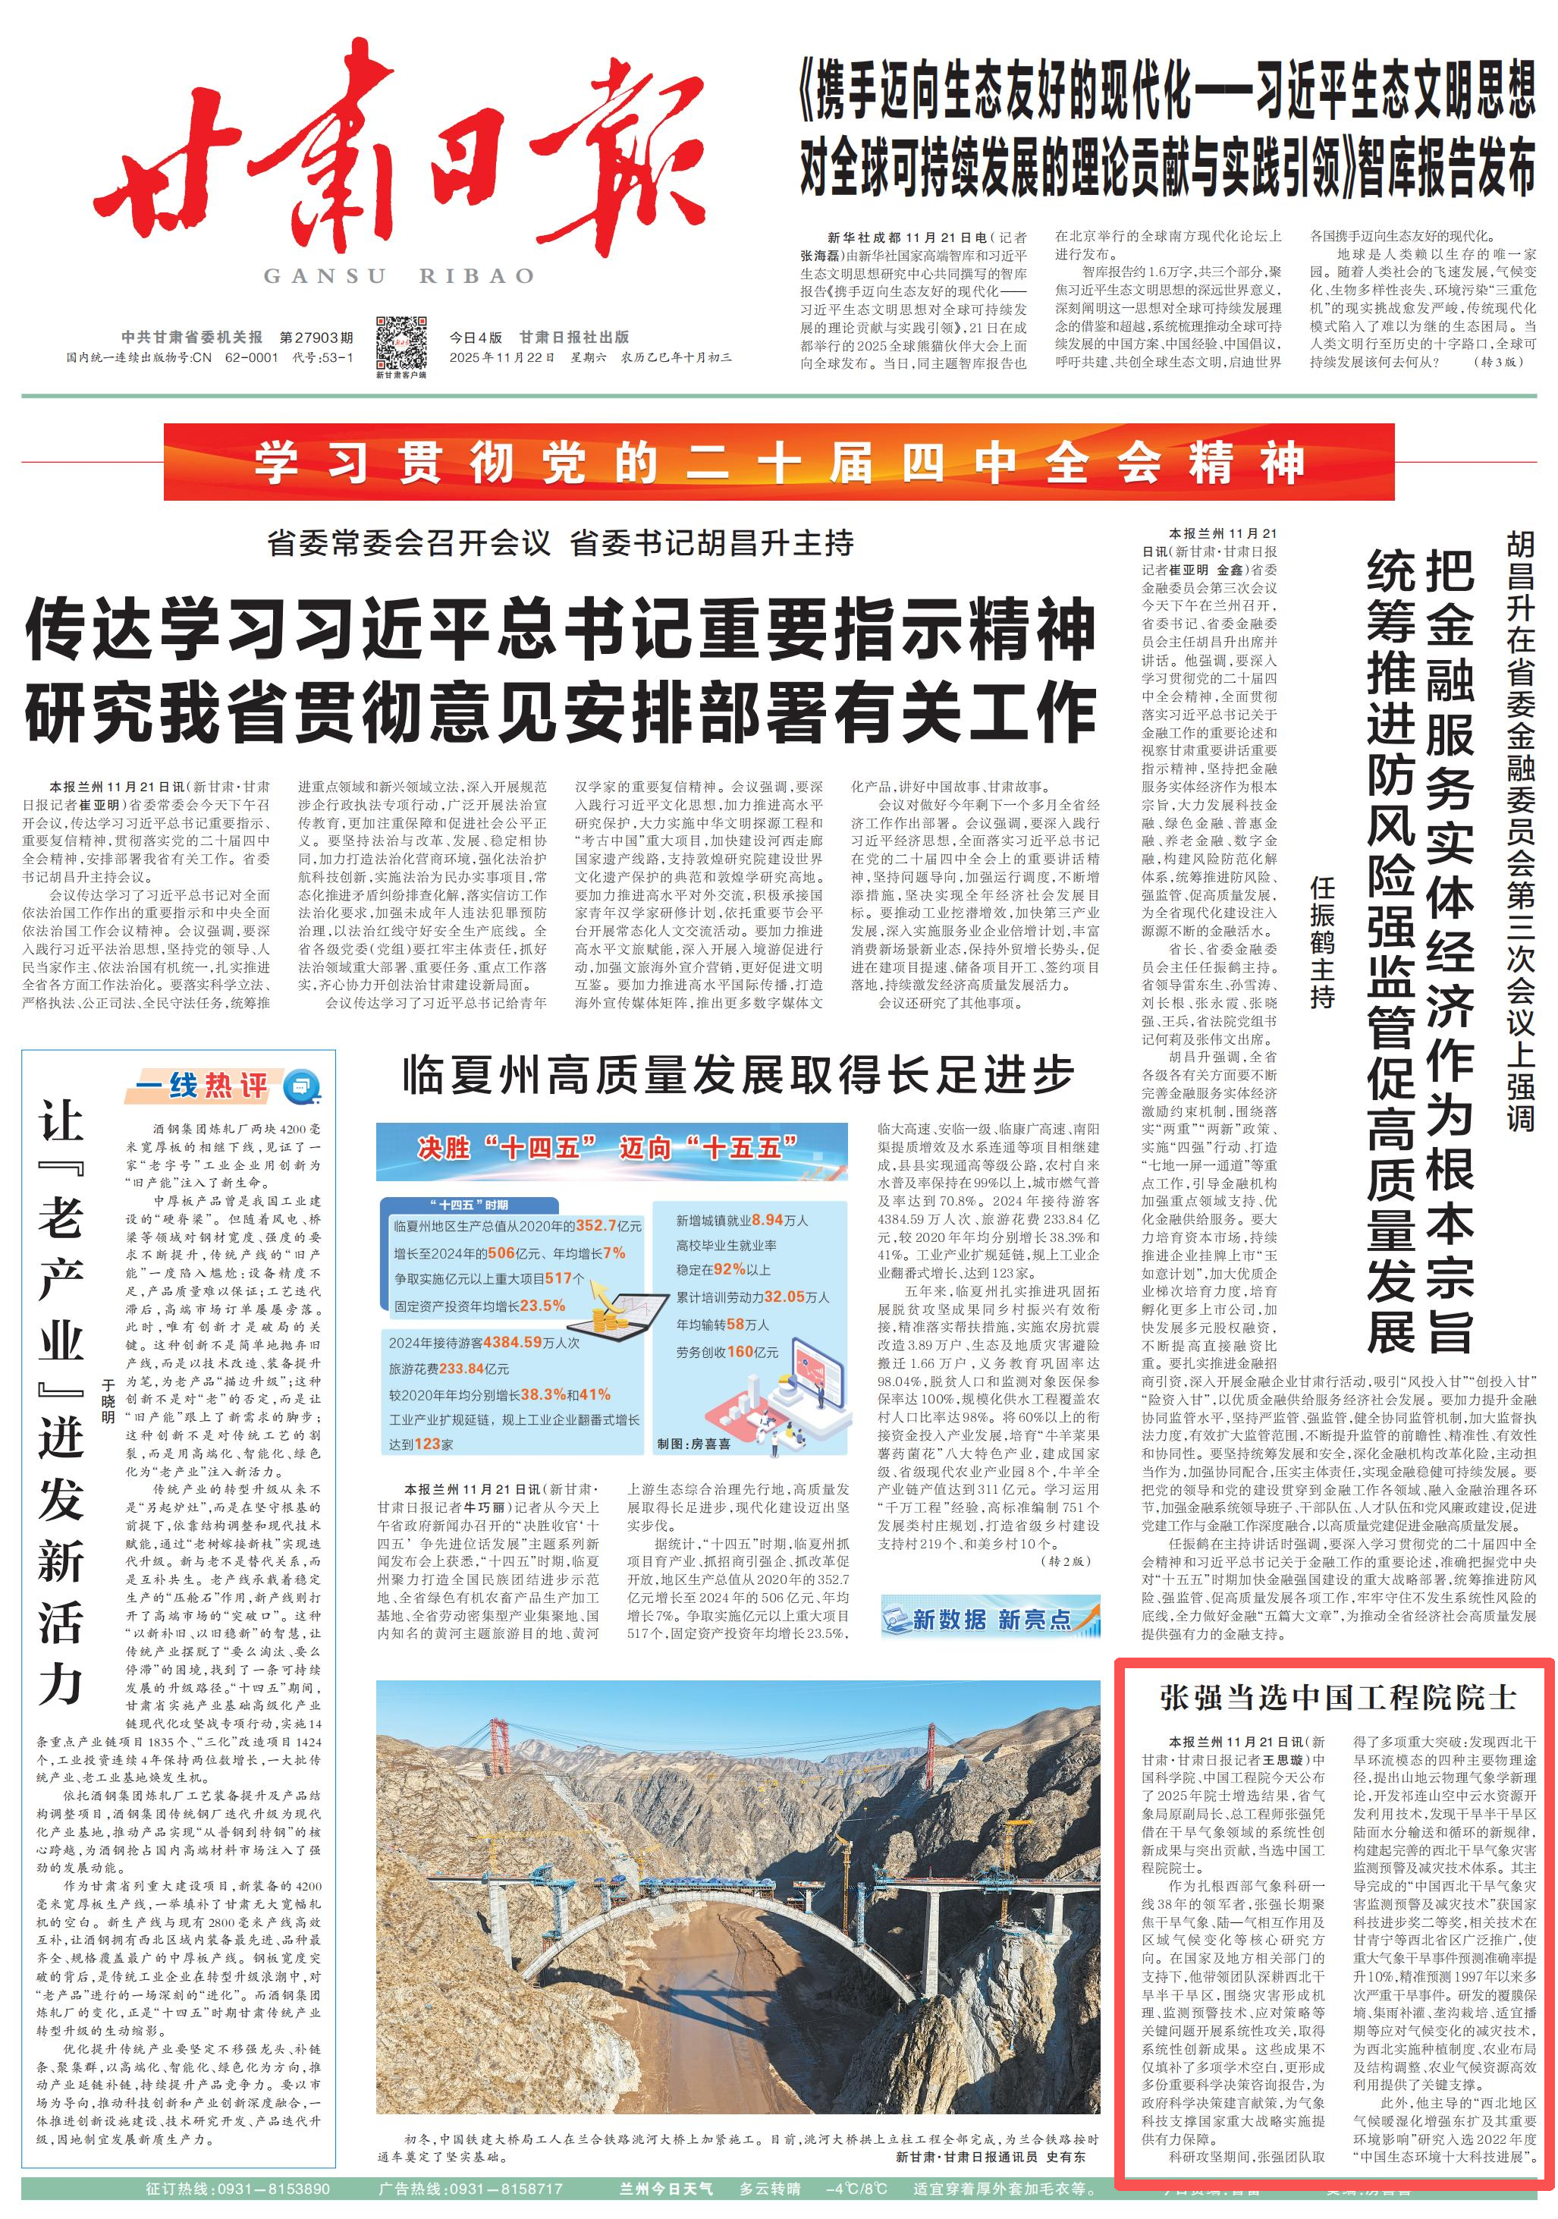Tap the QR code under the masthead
(401, 342)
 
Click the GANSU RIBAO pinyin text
(399, 276)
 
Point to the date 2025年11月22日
(501, 357)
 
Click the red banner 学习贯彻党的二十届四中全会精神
(778, 462)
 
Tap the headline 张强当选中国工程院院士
(1337, 1697)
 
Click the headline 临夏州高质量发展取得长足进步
(738, 1073)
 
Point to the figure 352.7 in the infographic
(596, 1225)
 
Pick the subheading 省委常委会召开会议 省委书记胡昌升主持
(561, 543)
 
